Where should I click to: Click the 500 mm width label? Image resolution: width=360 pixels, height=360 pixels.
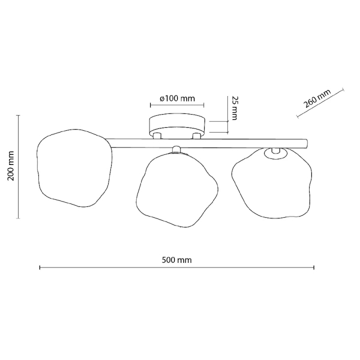(x=176, y=260)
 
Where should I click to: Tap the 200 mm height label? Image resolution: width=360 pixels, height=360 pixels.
(x=11, y=166)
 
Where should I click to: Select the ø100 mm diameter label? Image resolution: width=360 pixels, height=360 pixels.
(x=177, y=98)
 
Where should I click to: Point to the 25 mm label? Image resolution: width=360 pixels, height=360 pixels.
(x=233, y=107)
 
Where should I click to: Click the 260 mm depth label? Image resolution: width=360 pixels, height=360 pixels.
(x=317, y=99)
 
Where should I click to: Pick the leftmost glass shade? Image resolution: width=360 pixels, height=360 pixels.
(x=74, y=168)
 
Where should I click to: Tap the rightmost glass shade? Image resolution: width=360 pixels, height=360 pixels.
(x=272, y=183)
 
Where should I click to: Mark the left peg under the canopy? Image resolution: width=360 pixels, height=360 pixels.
(x=157, y=136)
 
